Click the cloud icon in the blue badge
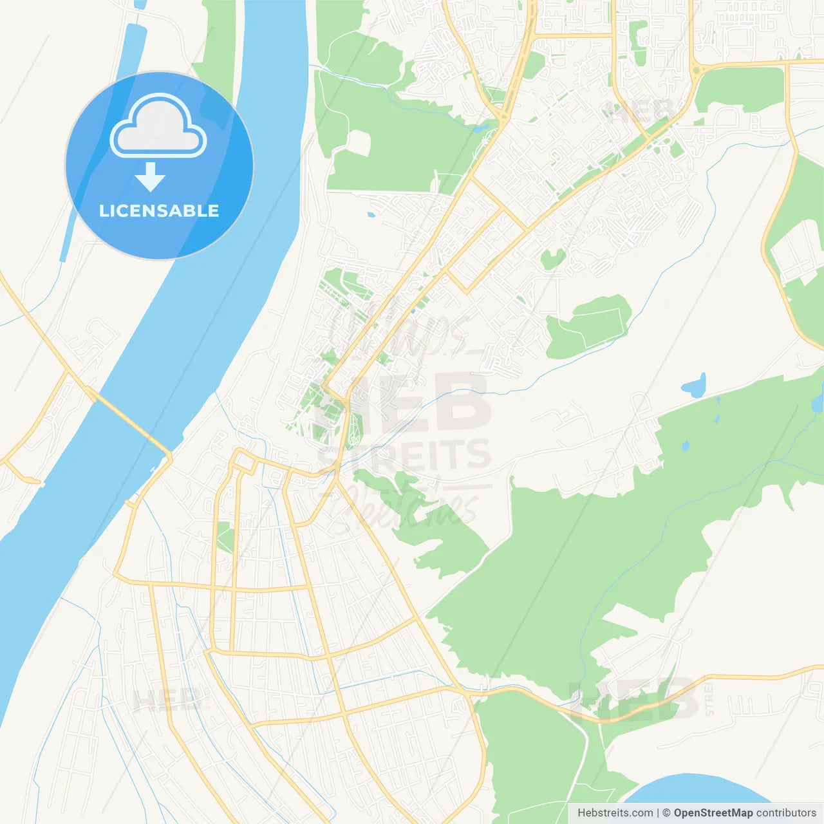click(x=158, y=127)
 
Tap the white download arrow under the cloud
click(x=150, y=177)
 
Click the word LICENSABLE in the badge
click(x=159, y=211)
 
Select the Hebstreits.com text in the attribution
click(x=615, y=813)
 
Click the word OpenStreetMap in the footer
click(x=713, y=813)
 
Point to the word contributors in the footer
click(x=786, y=813)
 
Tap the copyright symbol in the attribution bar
click(x=666, y=813)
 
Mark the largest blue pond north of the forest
click(x=694, y=386)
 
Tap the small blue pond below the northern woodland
click(x=371, y=214)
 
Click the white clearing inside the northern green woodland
click(x=359, y=143)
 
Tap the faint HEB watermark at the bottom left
click(x=164, y=700)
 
